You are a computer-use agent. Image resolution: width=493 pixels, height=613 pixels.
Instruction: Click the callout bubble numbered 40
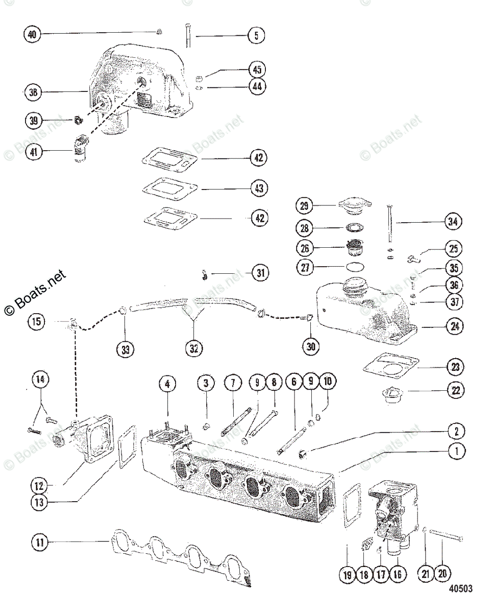pos(32,35)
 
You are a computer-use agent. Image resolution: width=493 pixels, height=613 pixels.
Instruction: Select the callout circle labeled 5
pos(257,35)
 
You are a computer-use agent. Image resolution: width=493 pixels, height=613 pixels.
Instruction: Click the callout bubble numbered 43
pos(259,188)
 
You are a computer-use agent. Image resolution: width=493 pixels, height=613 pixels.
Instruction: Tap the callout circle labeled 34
pos(453,222)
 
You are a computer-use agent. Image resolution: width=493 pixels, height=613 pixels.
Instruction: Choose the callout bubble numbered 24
pos(453,326)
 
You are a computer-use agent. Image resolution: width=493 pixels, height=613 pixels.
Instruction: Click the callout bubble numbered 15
pos(38,322)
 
